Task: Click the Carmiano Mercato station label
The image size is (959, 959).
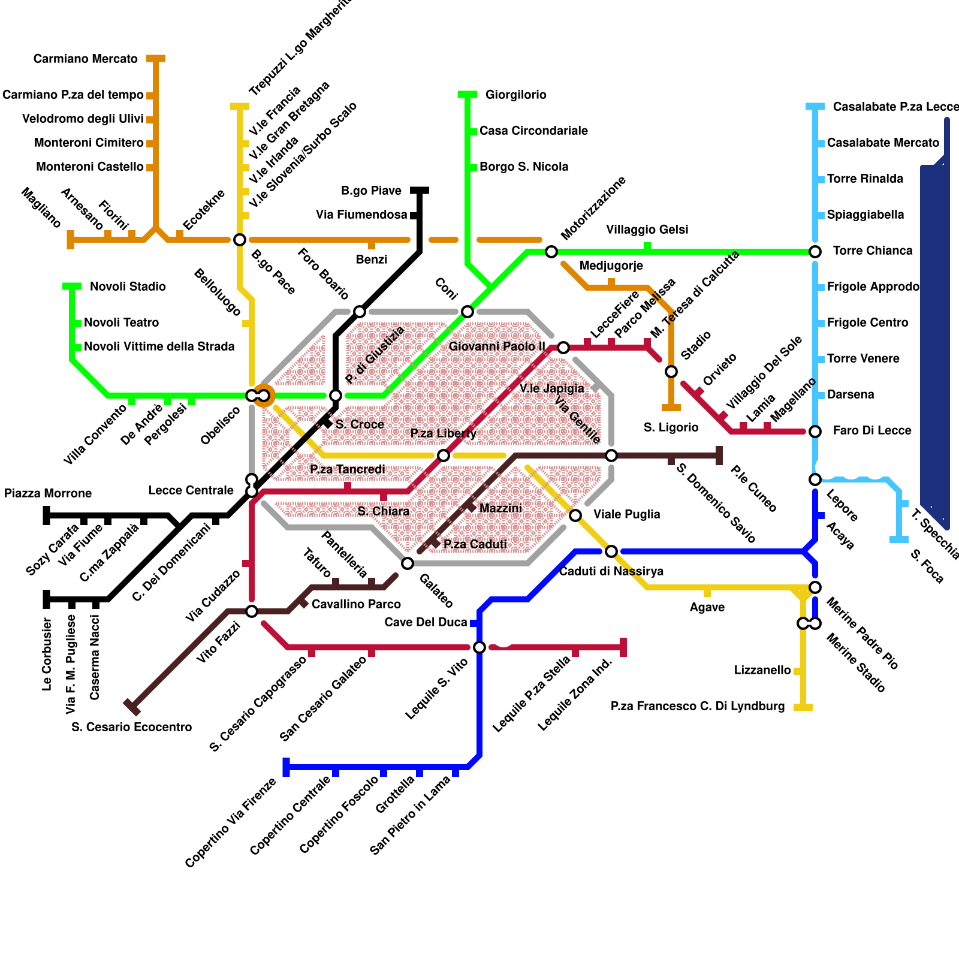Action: [x=85, y=59]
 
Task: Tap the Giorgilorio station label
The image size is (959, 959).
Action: [x=515, y=95]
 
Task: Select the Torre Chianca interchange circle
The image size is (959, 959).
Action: [x=815, y=252]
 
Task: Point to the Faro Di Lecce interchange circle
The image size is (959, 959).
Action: [x=815, y=432]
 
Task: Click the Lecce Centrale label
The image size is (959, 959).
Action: [x=191, y=490]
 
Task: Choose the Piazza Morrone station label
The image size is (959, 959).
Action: [x=48, y=493]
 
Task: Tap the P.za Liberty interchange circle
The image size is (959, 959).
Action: [x=444, y=456]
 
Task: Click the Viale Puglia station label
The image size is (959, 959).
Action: [x=626, y=514]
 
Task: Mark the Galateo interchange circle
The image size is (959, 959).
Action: [x=408, y=563]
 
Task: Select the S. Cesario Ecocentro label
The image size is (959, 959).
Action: [x=131, y=727]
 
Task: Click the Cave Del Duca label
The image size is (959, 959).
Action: [x=426, y=622]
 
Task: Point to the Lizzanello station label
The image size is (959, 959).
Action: [x=762, y=670]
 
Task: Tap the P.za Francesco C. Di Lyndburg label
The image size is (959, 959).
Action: [x=698, y=706]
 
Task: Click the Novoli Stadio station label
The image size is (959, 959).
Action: [x=128, y=287]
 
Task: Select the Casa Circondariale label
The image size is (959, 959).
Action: [x=533, y=131]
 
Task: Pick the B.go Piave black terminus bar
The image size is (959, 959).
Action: [x=420, y=191]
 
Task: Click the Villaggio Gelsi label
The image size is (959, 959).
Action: [x=647, y=230]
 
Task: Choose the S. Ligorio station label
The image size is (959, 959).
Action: [x=671, y=427]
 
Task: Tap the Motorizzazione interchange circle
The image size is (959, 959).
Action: [x=551, y=252]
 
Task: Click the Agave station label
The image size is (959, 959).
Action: [x=707, y=607]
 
